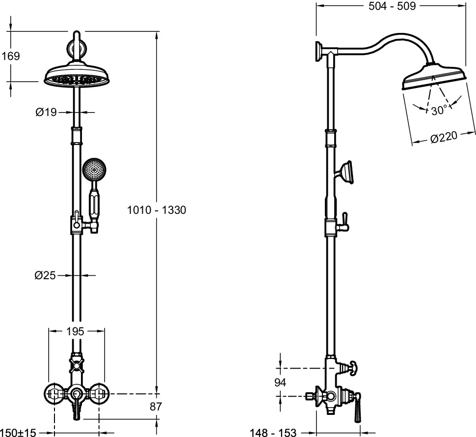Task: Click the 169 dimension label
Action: tap(10, 56)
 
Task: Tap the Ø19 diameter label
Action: tap(46, 113)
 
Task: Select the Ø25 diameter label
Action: tap(46, 276)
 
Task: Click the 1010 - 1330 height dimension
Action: tap(157, 210)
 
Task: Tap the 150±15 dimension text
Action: tap(19, 433)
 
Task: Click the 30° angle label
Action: tap(439, 111)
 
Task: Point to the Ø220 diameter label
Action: tap(444, 137)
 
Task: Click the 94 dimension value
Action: tap(280, 382)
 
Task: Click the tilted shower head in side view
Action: tap(433, 77)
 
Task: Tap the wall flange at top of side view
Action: tap(318, 52)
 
